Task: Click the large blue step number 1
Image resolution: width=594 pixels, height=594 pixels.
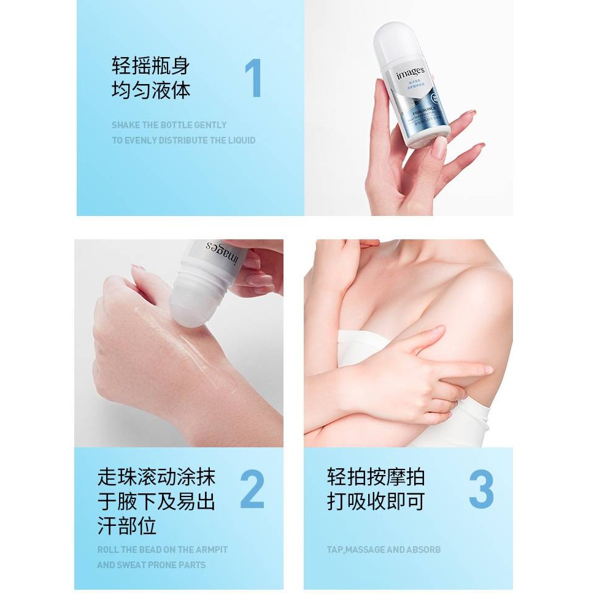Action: pos(253,79)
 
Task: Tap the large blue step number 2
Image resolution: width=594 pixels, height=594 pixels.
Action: pos(252,490)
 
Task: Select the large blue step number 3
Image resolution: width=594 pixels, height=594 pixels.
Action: pos(481,490)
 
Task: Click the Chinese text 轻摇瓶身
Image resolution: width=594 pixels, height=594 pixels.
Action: pos(151,66)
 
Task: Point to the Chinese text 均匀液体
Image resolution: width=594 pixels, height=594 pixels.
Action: pos(151,90)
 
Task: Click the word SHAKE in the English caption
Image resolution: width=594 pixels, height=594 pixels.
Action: pos(126,125)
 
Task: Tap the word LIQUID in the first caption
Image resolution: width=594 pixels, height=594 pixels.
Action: pos(240,140)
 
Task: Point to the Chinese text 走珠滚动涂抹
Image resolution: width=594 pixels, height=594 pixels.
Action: pos(156,477)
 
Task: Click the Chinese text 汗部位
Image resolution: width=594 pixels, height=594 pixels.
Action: pos(127,526)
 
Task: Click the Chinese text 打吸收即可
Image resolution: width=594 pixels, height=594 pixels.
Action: pos(376,501)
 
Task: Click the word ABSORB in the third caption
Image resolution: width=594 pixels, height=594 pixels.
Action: pos(423,550)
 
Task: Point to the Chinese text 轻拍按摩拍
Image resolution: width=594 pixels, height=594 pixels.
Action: pos(376,477)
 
